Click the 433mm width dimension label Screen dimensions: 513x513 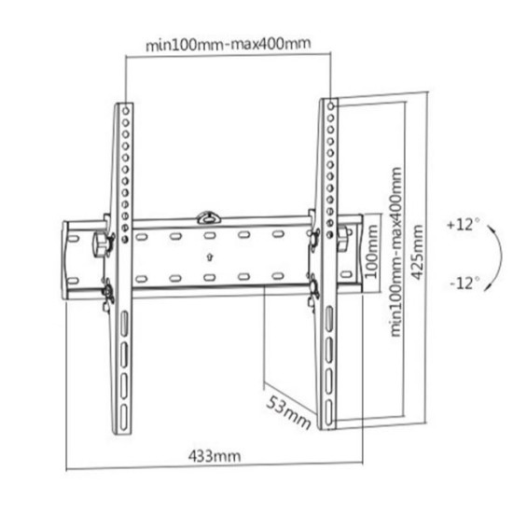pyautogui.click(x=215, y=456)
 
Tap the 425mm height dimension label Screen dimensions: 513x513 pyautogui.click(x=417, y=252)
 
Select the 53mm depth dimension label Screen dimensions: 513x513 pyautogui.click(x=288, y=412)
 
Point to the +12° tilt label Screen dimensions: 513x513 pyautogui.click(x=464, y=225)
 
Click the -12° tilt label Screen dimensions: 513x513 pyautogui.click(x=464, y=283)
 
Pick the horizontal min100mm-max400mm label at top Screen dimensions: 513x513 pyautogui.click(x=228, y=44)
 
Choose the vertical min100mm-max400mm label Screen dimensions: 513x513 pyautogui.click(x=395, y=252)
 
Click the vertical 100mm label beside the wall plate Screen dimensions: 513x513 pyautogui.click(x=371, y=251)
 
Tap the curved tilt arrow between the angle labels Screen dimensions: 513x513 pyautogui.click(x=501, y=256)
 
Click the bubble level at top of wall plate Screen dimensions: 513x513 pyautogui.click(x=208, y=217)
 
